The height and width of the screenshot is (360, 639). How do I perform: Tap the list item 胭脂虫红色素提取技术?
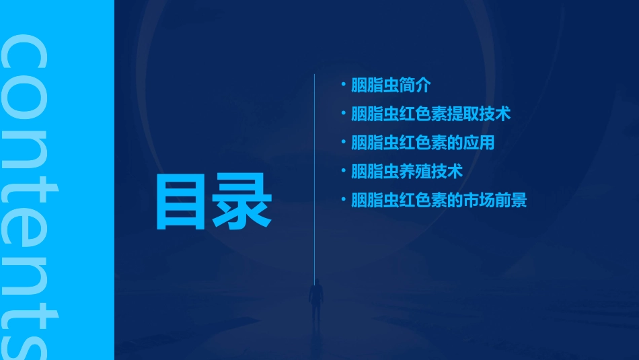pos(430,114)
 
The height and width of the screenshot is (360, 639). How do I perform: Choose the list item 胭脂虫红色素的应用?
pos(422,143)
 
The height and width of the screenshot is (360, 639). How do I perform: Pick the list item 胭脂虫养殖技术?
pos(406,172)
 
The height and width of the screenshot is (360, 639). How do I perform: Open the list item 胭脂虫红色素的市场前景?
pos(439,200)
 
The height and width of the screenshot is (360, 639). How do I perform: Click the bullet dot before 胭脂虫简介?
pos(343,85)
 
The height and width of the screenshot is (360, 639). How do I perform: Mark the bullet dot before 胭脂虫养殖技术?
pos(343,171)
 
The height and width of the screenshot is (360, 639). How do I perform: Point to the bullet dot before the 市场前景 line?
pos(343,199)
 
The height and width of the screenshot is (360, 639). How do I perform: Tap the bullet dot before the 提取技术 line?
pos(343,113)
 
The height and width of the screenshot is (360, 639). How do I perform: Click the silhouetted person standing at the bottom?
pos(315,303)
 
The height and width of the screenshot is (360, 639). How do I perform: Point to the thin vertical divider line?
pos(315,175)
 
